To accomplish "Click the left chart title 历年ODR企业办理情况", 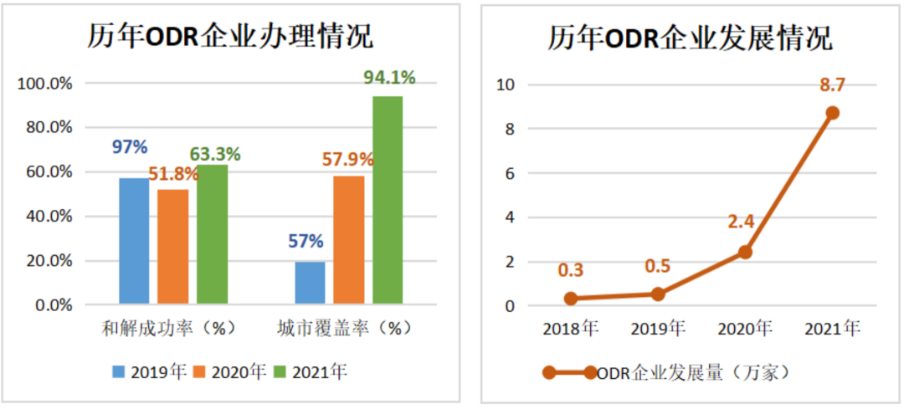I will point(230,38).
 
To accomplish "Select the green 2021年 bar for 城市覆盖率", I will point(388,201).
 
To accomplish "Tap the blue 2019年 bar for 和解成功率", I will point(134,241).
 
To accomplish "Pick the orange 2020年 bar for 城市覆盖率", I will point(348,240).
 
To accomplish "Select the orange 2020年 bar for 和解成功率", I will point(173,247).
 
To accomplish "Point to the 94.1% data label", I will point(389,78).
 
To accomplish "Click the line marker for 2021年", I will point(832,113).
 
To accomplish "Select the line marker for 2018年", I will point(571,299).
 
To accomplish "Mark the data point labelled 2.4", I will point(745,252).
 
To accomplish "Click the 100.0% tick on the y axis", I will point(46,84).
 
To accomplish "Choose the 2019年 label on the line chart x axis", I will point(658,329).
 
